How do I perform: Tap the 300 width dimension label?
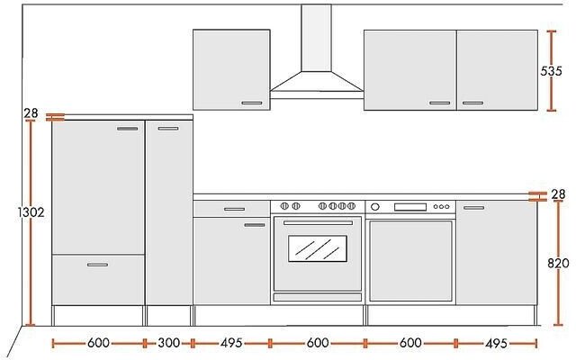(x=167, y=343)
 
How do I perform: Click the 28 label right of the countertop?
(x=558, y=194)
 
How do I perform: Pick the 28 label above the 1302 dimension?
(x=31, y=113)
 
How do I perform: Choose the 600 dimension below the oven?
(x=317, y=343)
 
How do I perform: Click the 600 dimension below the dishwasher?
(x=410, y=343)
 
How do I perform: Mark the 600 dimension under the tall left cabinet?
(x=99, y=343)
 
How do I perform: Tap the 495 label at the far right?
(x=497, y=343)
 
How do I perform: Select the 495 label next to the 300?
(x=231, y=343)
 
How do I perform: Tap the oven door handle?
(x=317, y=222)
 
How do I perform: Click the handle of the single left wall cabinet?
(x=252, y=103)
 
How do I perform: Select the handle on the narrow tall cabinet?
(x=167, y=129)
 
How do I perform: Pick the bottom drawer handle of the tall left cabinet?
(x=98, y=264)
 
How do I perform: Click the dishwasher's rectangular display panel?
(x=409, y=207)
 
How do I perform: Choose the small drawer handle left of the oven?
(x=234, y=209)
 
